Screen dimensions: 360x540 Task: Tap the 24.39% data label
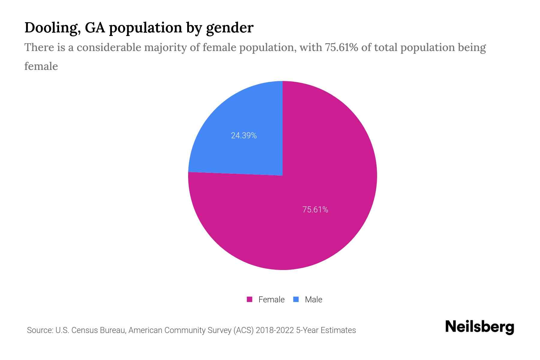(244, 136)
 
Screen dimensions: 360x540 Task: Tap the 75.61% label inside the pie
(315, 209)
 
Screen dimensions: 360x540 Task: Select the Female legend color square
(250, 299)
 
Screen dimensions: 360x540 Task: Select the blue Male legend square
(296, 299)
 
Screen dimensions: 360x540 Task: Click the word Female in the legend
(271, 299)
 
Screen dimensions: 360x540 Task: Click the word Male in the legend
(313, 299)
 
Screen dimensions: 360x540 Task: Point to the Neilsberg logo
(479, 327)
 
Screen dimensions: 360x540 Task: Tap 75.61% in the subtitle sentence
(341, 47)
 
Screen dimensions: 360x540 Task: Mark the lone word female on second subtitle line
(41, 66)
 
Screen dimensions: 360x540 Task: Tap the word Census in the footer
(84, 330)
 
